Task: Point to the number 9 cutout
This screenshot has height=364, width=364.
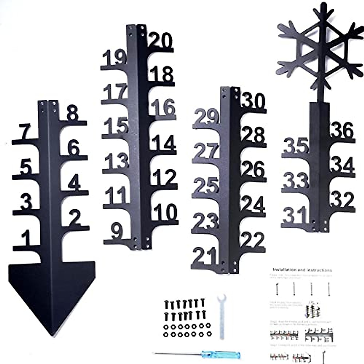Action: tap(117, 231)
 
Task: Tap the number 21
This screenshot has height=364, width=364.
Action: tap(205, 257)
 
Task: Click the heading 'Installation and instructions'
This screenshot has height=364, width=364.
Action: tap(302, 270)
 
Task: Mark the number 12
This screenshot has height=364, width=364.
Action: tap(164, 177)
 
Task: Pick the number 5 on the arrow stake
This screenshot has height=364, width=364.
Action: tap(26, 167)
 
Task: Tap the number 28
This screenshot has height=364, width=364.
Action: tap(254, 136)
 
